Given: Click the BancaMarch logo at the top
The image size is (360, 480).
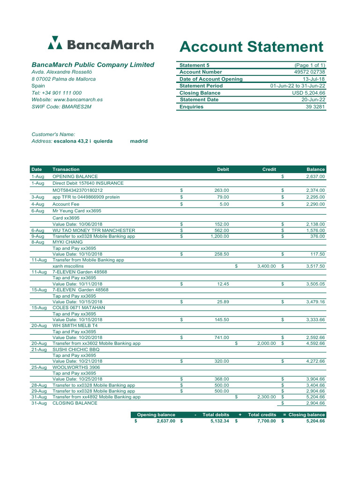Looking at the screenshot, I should (x=100, y=45).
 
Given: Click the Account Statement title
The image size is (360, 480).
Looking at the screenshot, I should (x=251, y=47).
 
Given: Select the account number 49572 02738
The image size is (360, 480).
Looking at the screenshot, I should (x=309, y=72).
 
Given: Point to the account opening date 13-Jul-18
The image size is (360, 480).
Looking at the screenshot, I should (x=315, y=79).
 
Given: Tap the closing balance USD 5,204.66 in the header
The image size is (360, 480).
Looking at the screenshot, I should (x=308, y=93).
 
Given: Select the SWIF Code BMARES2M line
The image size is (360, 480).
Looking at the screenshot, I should (x=61, y=107).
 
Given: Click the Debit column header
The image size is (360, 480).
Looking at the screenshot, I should (x=223, y=169).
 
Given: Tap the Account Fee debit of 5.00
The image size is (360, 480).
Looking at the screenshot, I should (x=225, y=204).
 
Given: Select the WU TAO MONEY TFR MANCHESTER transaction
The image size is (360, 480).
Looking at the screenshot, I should (x=94, y=231).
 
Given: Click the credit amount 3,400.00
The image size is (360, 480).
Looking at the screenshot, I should (x=266, y=266).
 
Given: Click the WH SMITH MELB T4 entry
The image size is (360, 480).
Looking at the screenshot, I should (x=75, y=325).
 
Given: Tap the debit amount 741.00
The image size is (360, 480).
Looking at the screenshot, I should (x=222, y=337).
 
